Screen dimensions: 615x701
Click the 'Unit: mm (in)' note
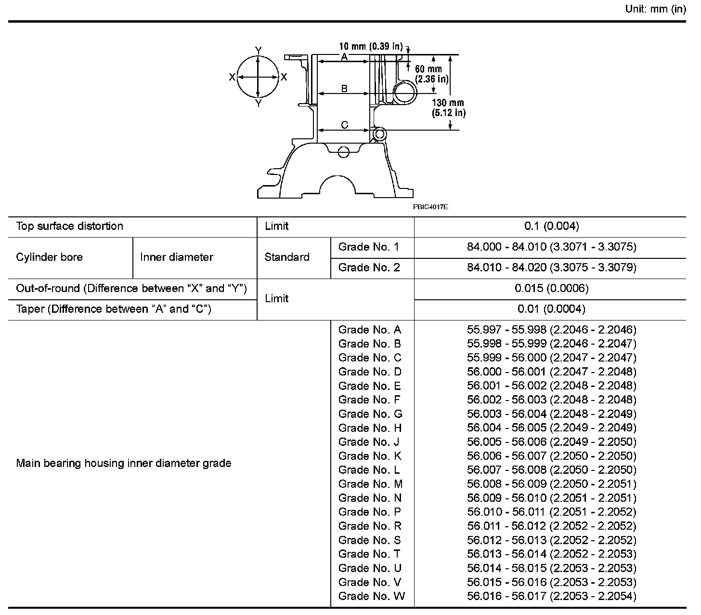tap(655, 9)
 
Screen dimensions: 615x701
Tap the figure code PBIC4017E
tap(430, 207)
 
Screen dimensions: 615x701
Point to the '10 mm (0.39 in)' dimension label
tap(371, 46)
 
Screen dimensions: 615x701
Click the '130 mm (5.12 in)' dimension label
tap(448, 108)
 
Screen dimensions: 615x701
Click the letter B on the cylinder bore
tap(344, 89)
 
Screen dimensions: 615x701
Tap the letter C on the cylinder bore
tap(345, 125)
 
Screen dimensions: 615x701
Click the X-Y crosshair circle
tap(259, 77)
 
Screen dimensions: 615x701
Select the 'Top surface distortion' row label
tap(70, 227)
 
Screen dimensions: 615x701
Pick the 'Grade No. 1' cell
tap(369, 247)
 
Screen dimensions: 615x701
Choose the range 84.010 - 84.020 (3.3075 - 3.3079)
tap(552, 267)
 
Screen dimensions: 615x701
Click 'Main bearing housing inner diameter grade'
tap(124, 463)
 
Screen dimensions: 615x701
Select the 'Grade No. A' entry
tap(370, 330)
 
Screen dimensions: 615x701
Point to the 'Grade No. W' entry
tap(372, 596)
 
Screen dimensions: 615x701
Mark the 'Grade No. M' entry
tap(371, 484)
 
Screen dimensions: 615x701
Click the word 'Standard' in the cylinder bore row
tap(287, 257)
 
